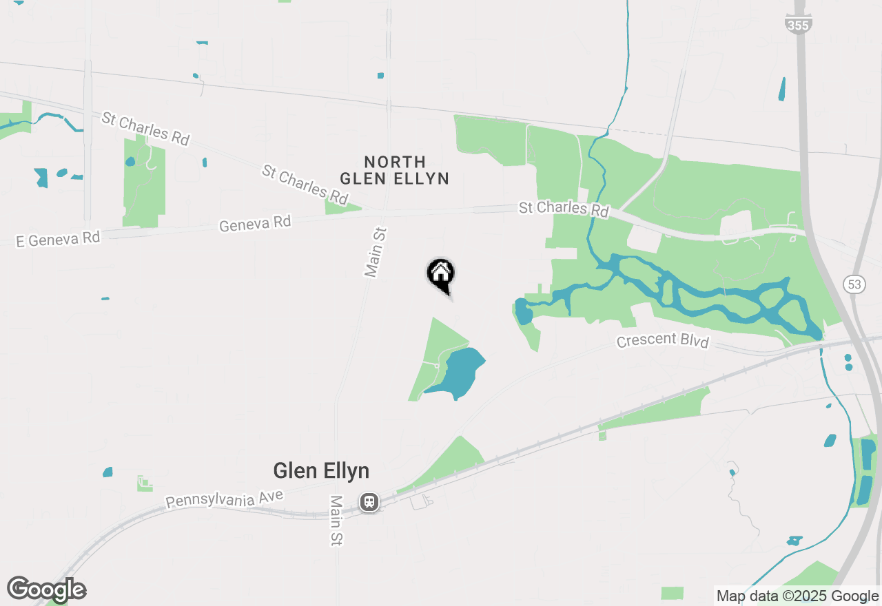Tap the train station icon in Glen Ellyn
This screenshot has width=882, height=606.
coord(370,501)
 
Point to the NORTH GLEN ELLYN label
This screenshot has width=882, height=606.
coord(395,170)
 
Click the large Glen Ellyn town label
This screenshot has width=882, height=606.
coord(321,471)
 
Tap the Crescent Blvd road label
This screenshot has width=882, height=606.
coord(662,341)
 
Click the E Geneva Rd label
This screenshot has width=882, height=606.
coord(59,239)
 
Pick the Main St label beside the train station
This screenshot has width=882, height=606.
coord(336,521)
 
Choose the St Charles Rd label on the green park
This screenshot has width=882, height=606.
coord(564,209)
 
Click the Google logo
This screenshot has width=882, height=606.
coord(47,589)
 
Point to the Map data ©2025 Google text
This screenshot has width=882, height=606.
coord(797,596)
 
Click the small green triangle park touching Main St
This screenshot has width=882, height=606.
coord(342,207)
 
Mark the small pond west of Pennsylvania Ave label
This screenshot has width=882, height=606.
coord(107,472)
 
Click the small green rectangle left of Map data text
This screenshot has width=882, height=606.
coord(672,593)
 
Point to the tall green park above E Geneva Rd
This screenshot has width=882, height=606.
coord(144,182)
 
